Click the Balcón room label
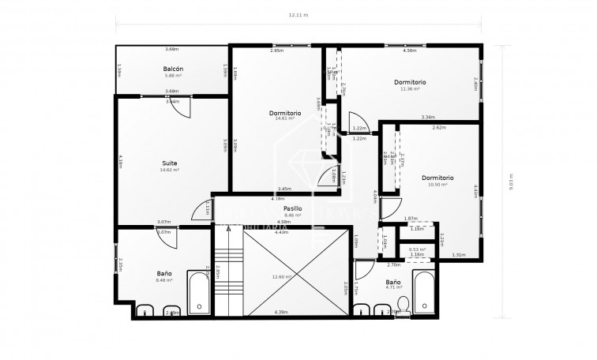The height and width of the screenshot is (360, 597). pyautogui.click(x=173, y=69)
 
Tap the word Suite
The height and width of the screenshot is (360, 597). pyautogui.click(x=170, y=163)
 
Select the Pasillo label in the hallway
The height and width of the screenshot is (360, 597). pyautogui.click(x=293, y=208)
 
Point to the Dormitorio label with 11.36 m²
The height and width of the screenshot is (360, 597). pyautogui.click(x=410, y=81)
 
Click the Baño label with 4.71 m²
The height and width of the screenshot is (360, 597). pyautogui.click(x=392, y=282)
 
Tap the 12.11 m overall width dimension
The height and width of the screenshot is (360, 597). pyautogui.click(x=298, y=15)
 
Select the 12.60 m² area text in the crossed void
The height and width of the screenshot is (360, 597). pyautogui.click(x=282, y=277)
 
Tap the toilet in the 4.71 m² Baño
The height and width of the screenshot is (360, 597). pyautogui.click(x=403, y=306)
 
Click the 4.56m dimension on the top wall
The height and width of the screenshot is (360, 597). pyautogui.click(x=410, y=51)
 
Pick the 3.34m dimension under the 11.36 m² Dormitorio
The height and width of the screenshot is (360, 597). pyautogui.click(x=427, y=117)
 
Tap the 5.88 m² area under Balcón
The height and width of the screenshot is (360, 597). pyautogui.click(x=173, y=76)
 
